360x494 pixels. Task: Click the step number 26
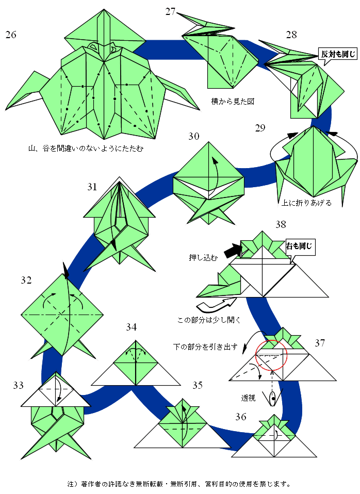(x=11, y=35)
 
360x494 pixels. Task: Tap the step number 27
(x=170, y=12)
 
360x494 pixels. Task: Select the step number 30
(x=194, y=136)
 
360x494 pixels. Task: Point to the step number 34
(x=131, y=327)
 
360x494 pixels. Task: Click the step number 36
(x=240, y=417)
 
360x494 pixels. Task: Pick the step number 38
(x=281, y=224)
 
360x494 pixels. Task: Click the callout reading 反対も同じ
(x=338, y=54)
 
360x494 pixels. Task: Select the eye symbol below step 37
(x=273, y=398)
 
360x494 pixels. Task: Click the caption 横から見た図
(x=233, y=102)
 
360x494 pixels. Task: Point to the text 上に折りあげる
(x=306, y=203)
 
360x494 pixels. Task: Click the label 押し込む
(x=203, y=258)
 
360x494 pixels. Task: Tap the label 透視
(x=248, y=398)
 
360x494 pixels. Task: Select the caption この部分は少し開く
(x=209, y=320)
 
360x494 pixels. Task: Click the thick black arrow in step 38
(x=234, y=251)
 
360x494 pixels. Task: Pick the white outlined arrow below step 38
(x=216, y=305)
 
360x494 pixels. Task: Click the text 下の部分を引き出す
(x=205, y=347)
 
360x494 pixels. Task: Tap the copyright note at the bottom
(x=179, y=484)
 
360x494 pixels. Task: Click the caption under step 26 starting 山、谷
(x=86, y=149)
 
